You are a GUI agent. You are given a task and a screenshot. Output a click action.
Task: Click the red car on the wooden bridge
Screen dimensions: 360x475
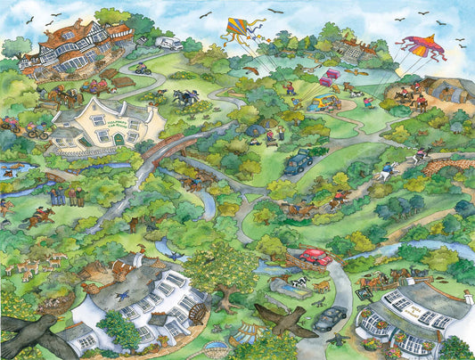pos(315,257)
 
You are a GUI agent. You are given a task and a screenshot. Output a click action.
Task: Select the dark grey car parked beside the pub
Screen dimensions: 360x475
pos(330,316)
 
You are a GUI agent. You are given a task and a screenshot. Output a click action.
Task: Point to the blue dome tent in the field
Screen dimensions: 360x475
pos(255,131)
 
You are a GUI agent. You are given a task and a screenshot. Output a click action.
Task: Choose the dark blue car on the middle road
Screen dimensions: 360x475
pos(298,162)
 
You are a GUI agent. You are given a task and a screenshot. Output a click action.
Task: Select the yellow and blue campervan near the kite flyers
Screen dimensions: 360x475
pos(317,103)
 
